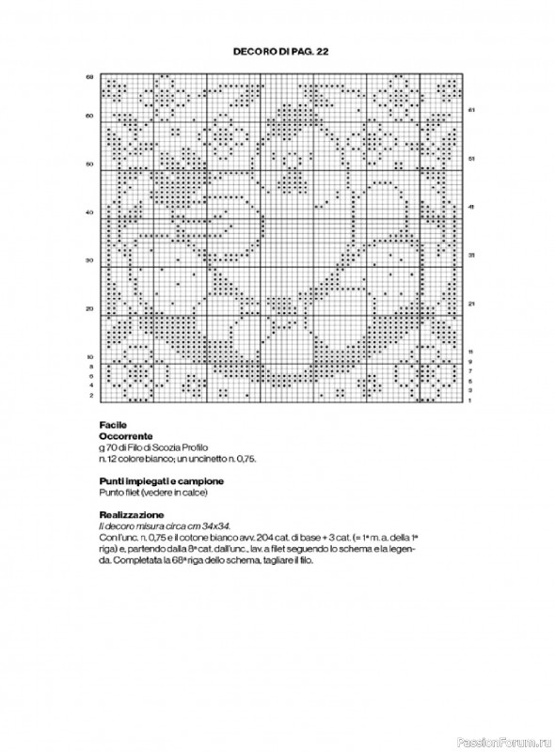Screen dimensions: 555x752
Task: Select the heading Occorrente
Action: point(124,437)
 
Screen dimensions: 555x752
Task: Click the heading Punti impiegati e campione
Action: point(154,480)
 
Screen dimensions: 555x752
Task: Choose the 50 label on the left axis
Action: point(89,164)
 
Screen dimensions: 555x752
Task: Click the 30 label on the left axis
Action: point(89,260)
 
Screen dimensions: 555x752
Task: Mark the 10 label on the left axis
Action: point(89,357)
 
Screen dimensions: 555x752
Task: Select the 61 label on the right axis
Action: point(470,110)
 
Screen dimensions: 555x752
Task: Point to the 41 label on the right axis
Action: point(470,207)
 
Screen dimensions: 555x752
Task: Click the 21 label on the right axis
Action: point(470,304)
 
